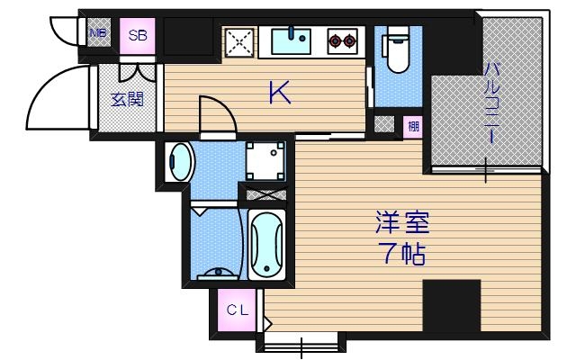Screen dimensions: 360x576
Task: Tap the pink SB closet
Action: [138, 36]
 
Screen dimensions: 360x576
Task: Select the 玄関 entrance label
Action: [127, 99]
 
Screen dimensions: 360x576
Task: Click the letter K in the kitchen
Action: [280, 93]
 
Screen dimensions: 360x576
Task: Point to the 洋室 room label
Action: [401, 221]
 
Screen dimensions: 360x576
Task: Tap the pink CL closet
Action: [237, 311]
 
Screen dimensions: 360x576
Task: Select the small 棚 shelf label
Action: [412, 126]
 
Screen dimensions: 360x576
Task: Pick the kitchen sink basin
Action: [291, 40]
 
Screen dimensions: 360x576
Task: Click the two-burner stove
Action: [341, 40]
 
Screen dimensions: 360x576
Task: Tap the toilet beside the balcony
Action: [395, 51]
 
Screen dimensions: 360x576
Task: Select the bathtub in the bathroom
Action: [266, 245]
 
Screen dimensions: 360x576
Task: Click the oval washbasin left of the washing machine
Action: [181, 163]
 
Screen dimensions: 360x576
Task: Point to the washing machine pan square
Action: [265, 161]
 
